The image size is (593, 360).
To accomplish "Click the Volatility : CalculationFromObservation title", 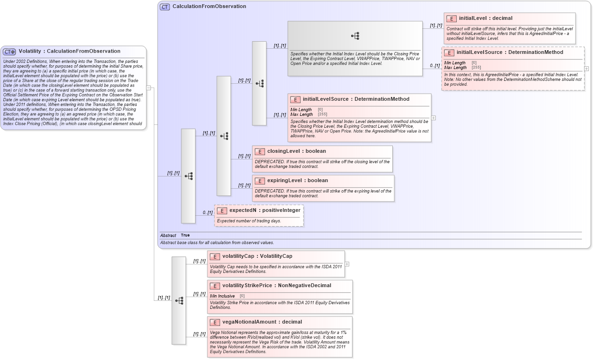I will coord(69,51).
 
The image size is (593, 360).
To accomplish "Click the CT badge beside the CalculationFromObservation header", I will coord(165,7).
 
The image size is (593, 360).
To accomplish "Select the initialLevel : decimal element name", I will coord(486,18).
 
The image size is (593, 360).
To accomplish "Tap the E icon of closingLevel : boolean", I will coord(259,151).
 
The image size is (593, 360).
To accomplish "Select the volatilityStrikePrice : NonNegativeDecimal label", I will coord(276,286).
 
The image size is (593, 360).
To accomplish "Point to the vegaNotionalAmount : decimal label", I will coord(262,322).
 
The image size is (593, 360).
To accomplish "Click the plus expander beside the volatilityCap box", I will coord(347,264).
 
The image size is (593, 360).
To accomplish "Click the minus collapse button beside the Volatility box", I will coord(149,88).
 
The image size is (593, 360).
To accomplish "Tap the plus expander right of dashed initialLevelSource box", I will coord(587,69).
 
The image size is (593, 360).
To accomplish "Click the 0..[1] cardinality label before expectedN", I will coord(207,213).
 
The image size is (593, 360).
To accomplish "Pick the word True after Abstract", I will coord(185,235).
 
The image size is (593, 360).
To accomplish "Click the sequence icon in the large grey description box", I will coord(355,36).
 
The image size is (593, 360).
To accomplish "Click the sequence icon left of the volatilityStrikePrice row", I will coord(179,300).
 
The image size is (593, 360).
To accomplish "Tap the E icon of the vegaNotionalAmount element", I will coord(214,322).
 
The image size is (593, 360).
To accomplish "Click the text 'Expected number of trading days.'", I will coord(249,221).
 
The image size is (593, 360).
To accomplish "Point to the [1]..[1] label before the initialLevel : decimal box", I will coord(435,26).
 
